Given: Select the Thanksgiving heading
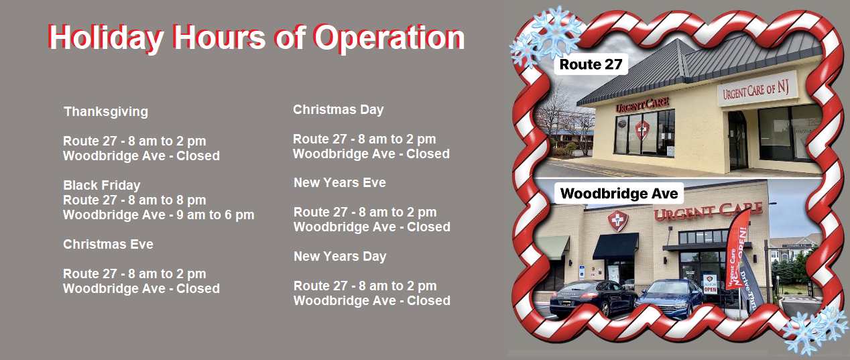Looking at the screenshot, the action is coord(106,111).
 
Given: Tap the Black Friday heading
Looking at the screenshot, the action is coord(102,185).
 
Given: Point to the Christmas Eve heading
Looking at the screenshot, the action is coord(108,244).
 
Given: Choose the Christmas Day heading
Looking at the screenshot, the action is coord(338,110).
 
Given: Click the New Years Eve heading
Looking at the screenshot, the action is coord(340,182).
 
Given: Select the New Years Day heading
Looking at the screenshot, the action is coord(340,257).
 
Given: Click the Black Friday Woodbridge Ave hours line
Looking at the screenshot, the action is coord(159,215).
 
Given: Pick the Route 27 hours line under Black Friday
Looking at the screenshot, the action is coord(135,200).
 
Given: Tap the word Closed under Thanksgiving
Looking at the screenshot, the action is coord(198,156).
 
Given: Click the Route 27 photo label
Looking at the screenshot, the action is coord(591,64).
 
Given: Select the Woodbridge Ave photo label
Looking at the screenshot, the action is coord(619,194).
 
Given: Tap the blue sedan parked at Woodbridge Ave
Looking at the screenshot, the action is coord(669,298).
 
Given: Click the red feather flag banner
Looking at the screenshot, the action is coord(737,251).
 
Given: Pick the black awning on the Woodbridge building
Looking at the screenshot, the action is coord(615,246).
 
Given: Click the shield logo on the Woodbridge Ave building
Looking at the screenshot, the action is coord(618,221).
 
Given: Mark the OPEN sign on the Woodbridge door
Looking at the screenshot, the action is coord(710,284).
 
